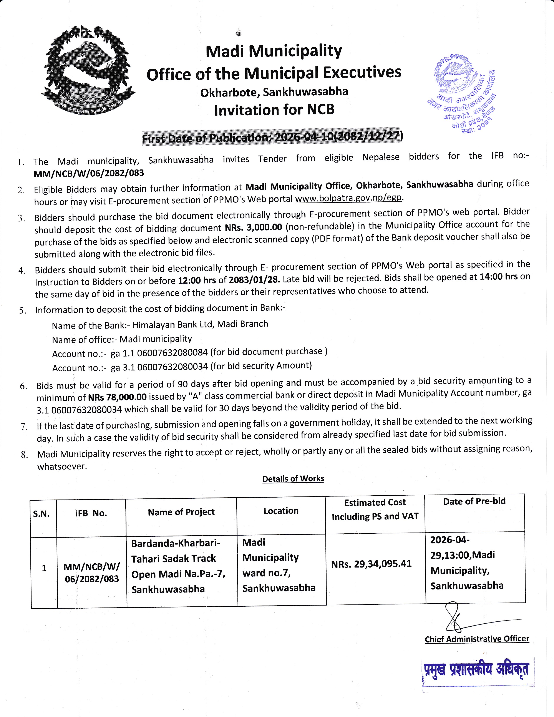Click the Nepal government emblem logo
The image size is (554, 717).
point(88,70)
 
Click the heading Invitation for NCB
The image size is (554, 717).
point(274,110)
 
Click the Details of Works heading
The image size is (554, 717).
point(293,479)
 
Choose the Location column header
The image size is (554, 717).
point(281,511)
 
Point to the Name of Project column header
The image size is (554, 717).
point(181,512)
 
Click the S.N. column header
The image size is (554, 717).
point(41,514)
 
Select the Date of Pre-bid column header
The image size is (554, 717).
point(474,501)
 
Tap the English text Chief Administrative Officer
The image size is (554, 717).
point(477,639)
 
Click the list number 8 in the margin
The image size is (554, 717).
point(24,455)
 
